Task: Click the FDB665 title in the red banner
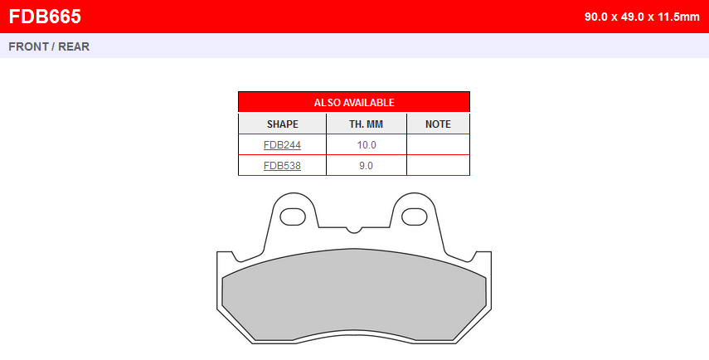[45, 17]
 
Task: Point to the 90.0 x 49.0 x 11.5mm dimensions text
[642, 17]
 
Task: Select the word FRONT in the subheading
[28, 46]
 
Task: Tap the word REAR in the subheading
[74, 46]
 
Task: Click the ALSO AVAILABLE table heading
[354, 103]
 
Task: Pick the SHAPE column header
[282, 124]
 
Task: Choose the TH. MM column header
[366, 124]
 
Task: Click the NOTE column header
[438, 124]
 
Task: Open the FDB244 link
[282, 145]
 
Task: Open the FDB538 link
[282, 166]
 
